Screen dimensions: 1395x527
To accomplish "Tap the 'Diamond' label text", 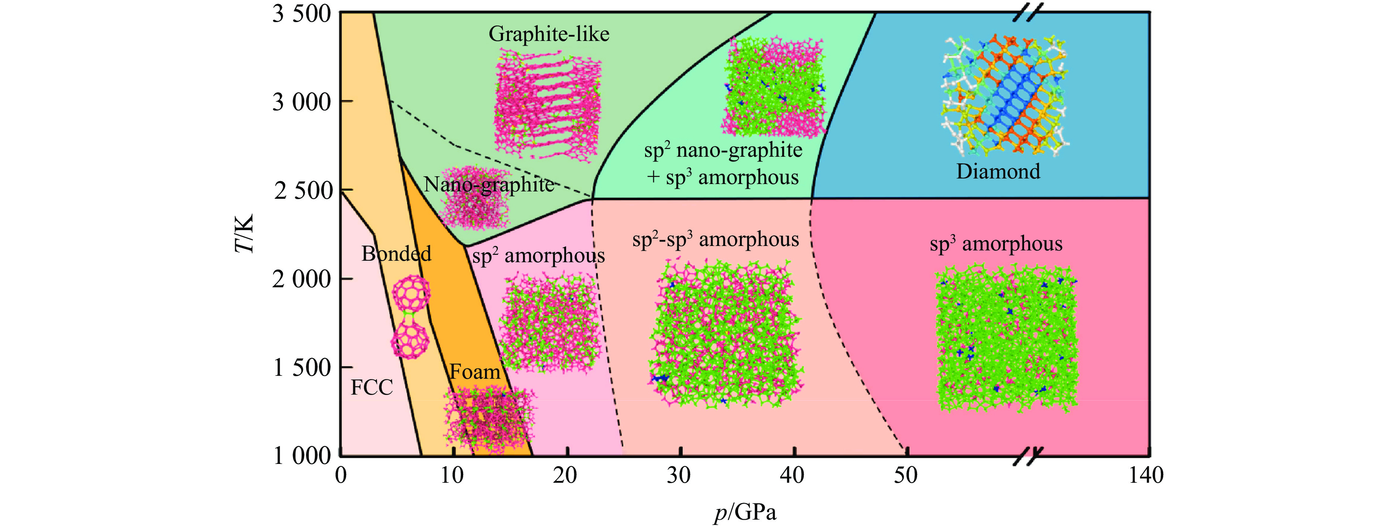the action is click(998, 171).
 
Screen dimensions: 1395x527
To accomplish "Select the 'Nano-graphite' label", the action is click(489, 184).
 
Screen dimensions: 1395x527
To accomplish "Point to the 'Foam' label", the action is click(475, 372).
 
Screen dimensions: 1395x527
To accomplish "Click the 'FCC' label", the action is click(372, 387).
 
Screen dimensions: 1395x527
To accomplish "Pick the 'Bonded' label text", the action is click(396, 253).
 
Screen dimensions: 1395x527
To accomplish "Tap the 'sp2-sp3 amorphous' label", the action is click(715, 239).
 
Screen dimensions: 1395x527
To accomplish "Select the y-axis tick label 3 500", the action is click(301, 14).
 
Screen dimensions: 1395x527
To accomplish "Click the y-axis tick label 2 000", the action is click(301, 279).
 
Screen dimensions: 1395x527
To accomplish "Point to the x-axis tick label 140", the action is click(1146, 475).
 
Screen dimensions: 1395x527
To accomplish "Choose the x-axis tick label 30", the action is click(679, 475).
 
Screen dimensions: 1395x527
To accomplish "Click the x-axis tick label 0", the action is click(341, 475).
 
